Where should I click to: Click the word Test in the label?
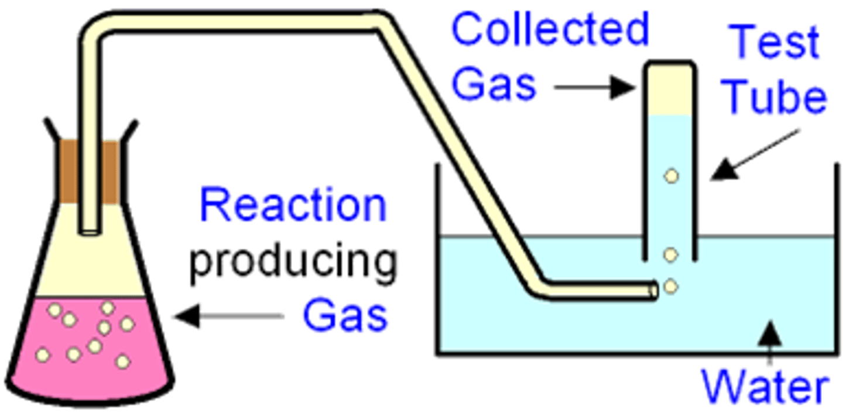pyautogui.click(x=776, y=42)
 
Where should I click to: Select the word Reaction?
pyautogui.click(x=293, y=206)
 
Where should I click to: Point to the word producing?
pyautogui.click(x=293, y=262)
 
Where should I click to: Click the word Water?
pyautogui.click(x=766, y=386)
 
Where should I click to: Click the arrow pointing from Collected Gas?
pyautogui.click(x=594, y=88)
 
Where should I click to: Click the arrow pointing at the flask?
pyautogui.click(x=228, y=316)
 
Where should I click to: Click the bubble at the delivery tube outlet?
pyautogui.click(x=671, y=286)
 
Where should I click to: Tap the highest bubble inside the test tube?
pyautogui.click(x=671, y=175)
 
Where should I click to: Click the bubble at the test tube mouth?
pyautogui.click(x=671, y=255)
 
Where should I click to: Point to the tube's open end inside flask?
pyautogui.click(x=90, y=230)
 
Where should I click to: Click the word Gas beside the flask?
pyautogui.click(x=345, y=316)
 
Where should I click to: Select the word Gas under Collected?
pyautogui.click(x=494, y=84)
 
